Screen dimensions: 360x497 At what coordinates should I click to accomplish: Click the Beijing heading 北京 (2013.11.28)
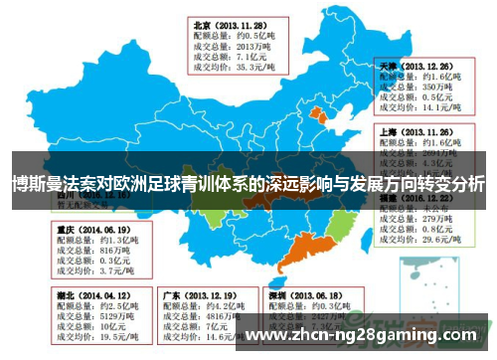point(230,23)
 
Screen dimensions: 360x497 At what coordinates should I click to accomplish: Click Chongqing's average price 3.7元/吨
point(90,270)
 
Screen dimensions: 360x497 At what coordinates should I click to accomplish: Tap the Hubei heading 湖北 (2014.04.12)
point(88,295)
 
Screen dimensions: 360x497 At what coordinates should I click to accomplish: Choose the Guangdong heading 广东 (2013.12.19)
point(198,295)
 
